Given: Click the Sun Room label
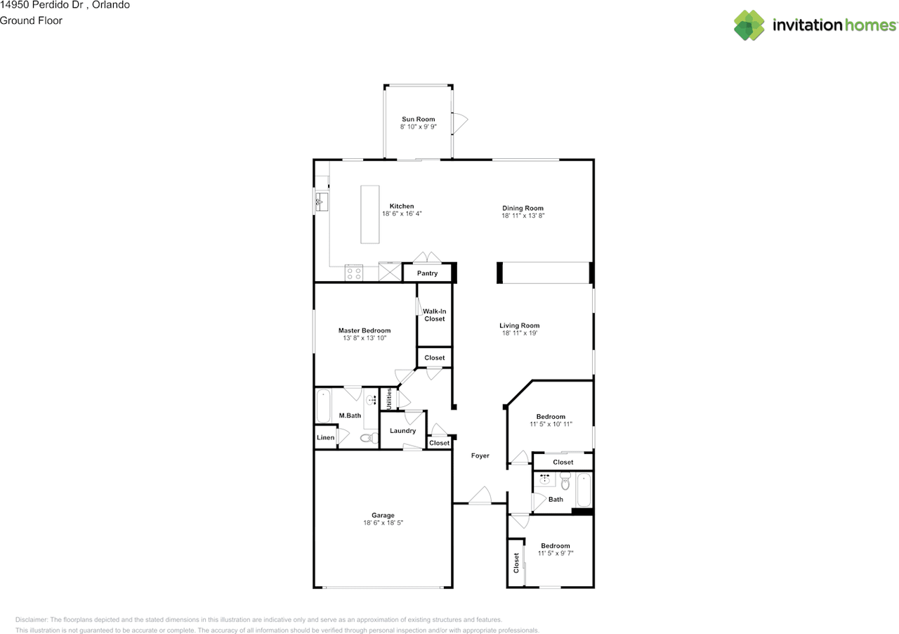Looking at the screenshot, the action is coord(418,119).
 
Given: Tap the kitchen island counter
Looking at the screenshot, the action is coord(369,214).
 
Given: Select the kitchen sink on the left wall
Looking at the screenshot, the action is coord(322,202).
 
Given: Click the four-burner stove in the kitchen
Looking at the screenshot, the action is coord(353,273).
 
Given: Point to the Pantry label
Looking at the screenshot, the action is coord(427,273).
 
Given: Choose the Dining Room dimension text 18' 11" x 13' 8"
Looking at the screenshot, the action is coord(523,215).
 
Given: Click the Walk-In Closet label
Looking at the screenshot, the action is coord(434,315).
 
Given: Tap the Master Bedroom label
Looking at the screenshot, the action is coord(365,330).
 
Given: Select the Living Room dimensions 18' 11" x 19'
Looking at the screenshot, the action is coord(519,332).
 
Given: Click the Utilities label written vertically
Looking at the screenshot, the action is coord(388,399).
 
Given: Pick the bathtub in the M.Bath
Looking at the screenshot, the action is coord(323,406).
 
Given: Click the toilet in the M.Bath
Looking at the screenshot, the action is coord(369,437).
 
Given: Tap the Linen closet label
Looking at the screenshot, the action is coord(325,437).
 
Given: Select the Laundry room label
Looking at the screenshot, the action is coord(402,431).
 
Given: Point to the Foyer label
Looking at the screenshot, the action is coord(480,455).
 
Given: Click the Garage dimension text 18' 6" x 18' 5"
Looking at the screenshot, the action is coord(383,523).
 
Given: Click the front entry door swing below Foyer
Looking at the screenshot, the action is coord(480,495).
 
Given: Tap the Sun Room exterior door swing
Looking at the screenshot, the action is coord(460,123).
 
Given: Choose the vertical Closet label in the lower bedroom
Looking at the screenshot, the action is coord(516,563).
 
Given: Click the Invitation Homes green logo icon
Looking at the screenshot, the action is coord(749,25).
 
